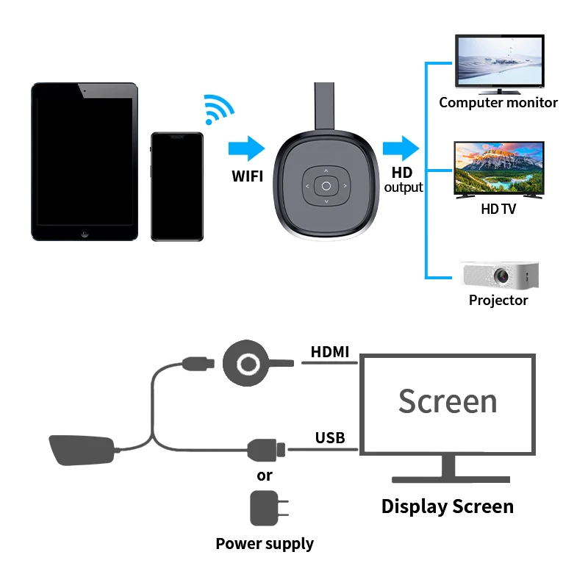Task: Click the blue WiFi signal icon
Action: click(x=218, y=109)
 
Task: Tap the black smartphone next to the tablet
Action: click(x=176, y=186)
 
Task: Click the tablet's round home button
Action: click(x=85, y=234)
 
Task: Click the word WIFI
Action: click(x=248, y=176)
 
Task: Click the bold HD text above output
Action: click(x=402, y=172)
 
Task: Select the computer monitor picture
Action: click(x=500, y=64)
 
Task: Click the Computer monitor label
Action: click(x=498, y=103)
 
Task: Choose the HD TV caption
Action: click(x=499, y=209)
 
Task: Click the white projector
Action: click(x=499, y=274)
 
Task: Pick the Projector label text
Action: click(x=498, y=300)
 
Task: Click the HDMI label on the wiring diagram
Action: click(x=330, y=352)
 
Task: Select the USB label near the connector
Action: click(x=330, y=438)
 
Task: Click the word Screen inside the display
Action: click(x=448, y=401)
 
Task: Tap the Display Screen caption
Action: click(x=447, y=506)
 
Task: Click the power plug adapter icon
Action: click(x=266, y=508)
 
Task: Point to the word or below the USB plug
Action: click(x=265, y=476)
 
